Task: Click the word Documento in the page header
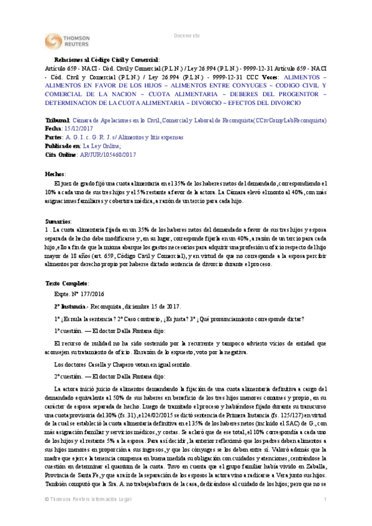pos(186,36)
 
